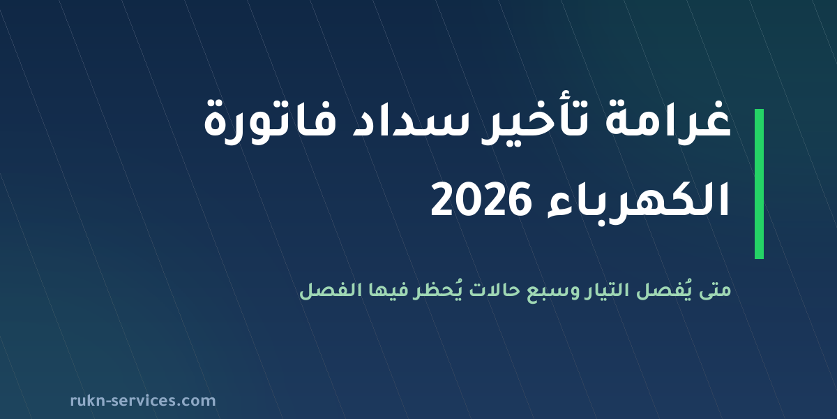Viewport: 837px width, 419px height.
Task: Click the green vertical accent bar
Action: pos(759,184)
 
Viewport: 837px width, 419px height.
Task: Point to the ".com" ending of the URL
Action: pos(197,402)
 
